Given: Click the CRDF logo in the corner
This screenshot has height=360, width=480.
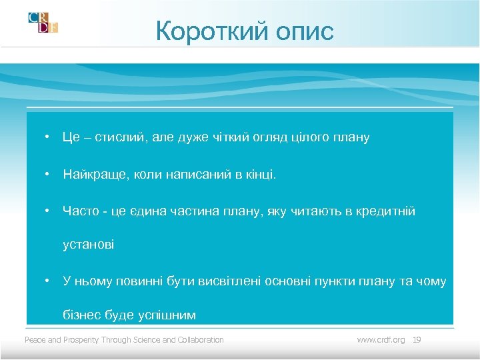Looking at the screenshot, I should click(x=43, y=23).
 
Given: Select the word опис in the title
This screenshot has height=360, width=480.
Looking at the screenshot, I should click(x=304, y=31).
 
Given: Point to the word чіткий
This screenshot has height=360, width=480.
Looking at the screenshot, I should click(x=227, y=137).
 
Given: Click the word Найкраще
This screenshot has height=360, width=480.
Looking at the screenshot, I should click(x=90, y=175).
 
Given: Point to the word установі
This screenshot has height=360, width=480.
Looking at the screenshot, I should click(x=88, y=245).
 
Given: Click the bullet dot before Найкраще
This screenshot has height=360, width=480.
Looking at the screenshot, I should click(x=49, y=175).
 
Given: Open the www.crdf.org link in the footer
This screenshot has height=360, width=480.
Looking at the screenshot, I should click(x=381, y=340).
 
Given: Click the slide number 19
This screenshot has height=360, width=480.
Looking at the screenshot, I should click(x=417, y=340).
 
